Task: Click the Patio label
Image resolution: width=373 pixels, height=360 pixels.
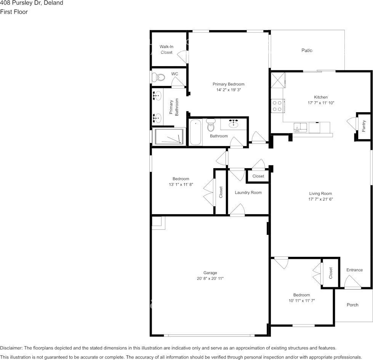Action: tap(307, 50)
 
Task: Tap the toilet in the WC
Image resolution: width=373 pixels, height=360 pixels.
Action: tap(158, 77)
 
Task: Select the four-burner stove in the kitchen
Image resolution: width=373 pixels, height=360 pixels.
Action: tap(277, 106)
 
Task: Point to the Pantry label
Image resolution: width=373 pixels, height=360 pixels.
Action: tap(363, 126)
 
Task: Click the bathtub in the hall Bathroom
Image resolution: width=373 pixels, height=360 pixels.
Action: tap(195, 132)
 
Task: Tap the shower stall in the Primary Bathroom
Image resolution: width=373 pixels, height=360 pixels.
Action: tap(169, 136)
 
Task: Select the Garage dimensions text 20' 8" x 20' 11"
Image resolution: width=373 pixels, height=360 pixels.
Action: tap(210, 279)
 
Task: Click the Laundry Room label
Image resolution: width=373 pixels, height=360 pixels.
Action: tap(248, 193)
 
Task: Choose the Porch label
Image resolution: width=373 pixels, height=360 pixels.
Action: tap(352, 305)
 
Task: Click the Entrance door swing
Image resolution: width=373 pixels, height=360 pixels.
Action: tap(353, 282)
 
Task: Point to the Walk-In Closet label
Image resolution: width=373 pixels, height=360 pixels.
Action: tap(166, 49)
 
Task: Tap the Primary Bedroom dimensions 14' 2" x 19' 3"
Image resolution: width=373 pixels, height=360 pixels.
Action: tap(228, 90)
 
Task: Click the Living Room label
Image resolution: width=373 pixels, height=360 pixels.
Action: tap(320, 193)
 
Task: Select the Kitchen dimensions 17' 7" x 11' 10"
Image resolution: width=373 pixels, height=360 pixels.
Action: tap(321, 103)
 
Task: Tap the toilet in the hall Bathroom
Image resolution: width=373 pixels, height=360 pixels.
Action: tap(211, 125)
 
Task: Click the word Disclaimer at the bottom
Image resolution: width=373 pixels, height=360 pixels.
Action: tap(11, 348)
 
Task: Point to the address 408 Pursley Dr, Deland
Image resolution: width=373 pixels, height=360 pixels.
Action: tap(32, 3)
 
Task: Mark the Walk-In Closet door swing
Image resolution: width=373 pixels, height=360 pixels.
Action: tap(183, 57)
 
